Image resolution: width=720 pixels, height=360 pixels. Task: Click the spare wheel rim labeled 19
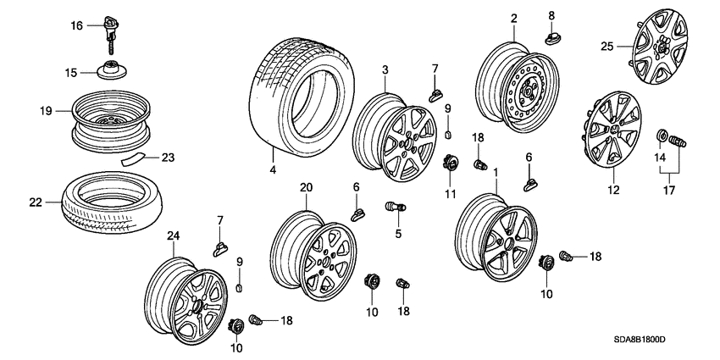(x=110, y=119)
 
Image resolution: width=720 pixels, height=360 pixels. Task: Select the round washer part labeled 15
(x=112, y=71)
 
